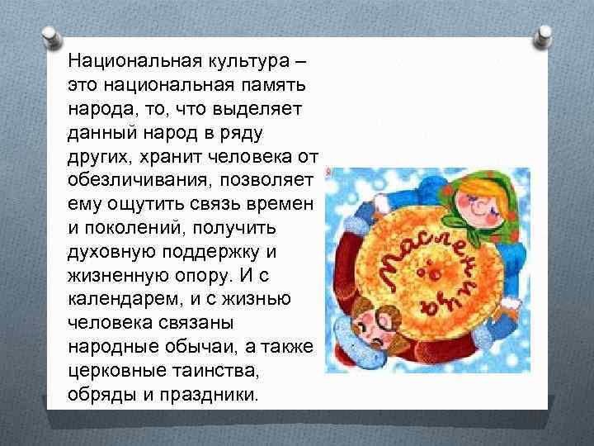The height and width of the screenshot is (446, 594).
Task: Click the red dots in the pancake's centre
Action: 429,270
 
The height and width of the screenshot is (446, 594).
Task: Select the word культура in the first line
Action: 249,60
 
